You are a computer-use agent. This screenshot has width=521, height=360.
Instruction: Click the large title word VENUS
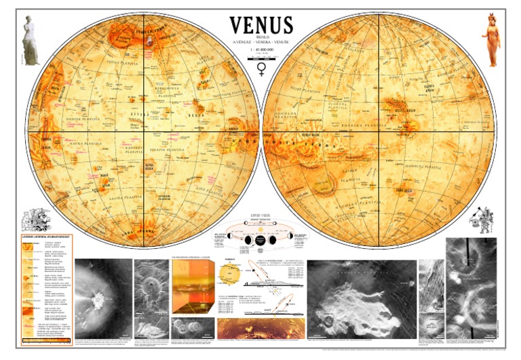(261, 25)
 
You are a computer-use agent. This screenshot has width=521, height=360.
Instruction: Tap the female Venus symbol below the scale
(261, 69)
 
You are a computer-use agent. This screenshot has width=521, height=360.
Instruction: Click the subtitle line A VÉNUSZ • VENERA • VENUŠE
(261, 42)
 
